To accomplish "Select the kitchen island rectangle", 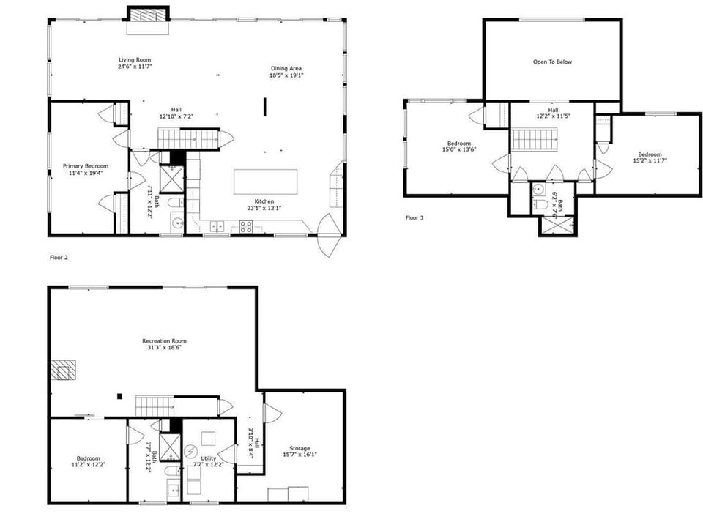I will point(265,181).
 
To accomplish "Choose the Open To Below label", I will point(552,62).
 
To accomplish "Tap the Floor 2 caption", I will point(59,258).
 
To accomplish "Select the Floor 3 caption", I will point(414,217).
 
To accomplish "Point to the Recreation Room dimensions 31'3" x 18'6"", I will point(164,348).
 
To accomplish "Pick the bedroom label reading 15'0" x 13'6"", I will point(459,150).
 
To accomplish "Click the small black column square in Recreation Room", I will point(119,397).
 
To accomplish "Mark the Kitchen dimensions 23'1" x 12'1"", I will point(264,208).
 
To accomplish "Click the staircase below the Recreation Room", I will point(155,405).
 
